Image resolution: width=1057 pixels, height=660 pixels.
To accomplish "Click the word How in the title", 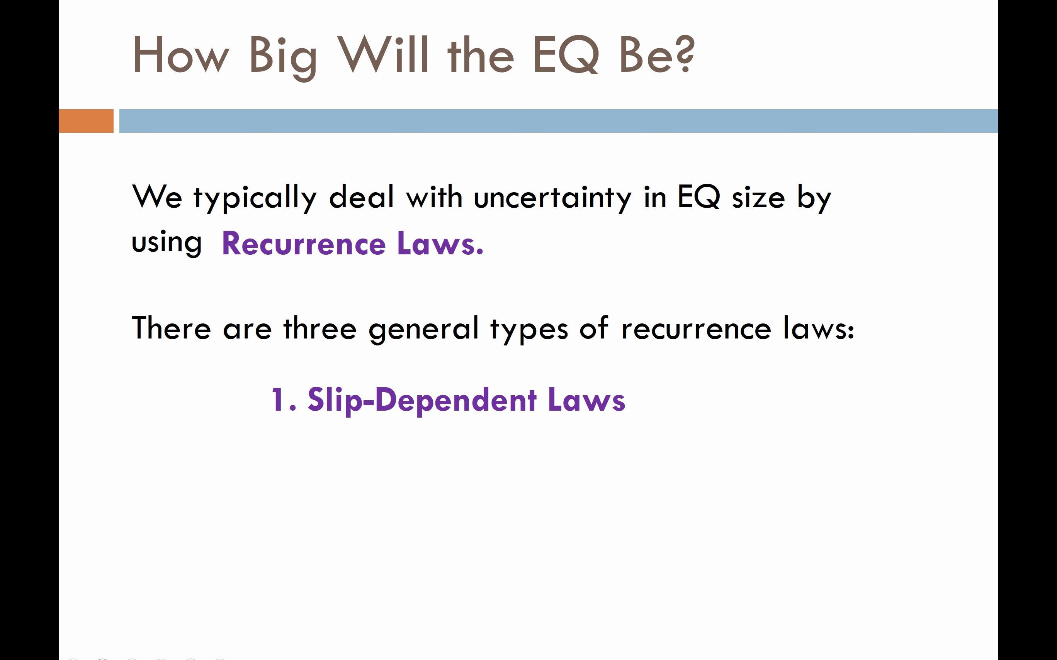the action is [180, 54].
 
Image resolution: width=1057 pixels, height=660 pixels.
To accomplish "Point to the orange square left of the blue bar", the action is [86, 121].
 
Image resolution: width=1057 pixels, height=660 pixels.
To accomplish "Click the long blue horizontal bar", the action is [559, 121].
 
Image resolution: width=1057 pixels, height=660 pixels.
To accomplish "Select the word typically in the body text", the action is [255, 199].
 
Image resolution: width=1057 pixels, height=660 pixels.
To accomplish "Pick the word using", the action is [167, 243].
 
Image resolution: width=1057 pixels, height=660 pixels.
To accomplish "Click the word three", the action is [320, 328].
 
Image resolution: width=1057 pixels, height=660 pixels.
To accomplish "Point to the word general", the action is [424, 330].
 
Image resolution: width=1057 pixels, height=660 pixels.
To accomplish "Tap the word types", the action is [529, 330].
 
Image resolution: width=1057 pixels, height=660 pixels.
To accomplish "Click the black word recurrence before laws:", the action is [696, 330].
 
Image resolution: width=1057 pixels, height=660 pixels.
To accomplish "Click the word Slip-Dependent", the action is [422, 401].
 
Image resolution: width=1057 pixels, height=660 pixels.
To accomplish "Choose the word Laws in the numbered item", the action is [586, 399].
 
